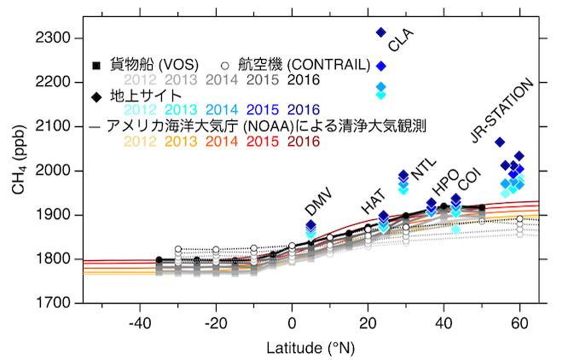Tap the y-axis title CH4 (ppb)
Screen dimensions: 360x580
pyautogui.click(x=19, y=171)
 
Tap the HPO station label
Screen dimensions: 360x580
pyautogui.click(x=445, y=189)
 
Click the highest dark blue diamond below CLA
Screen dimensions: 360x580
pyautogui.click(x=381, y=32)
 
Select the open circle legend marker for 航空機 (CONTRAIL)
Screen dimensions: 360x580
pyautogui.click(x=224, y=64)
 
